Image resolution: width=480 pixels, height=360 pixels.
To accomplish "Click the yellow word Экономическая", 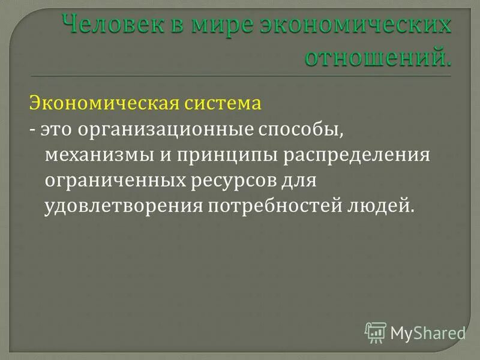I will [x=103, y=103].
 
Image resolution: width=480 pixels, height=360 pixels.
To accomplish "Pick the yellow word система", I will [x=221, y=103].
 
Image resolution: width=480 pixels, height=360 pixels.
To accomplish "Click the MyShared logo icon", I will [x=376, y=331].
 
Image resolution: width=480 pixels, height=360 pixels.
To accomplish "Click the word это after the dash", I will [x=55, y=129].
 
